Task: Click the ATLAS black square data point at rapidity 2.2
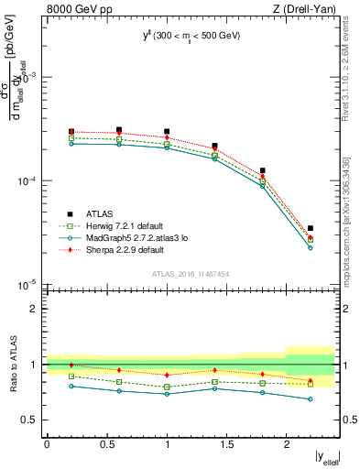(311, 228)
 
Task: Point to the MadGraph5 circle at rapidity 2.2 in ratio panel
(311, 398)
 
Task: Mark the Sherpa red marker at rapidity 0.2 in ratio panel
(71, 365)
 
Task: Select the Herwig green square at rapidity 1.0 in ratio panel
(167, 387)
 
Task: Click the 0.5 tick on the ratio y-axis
(33, 420)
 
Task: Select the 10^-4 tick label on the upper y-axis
(27, 181)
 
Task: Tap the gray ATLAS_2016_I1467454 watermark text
(191, 274)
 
